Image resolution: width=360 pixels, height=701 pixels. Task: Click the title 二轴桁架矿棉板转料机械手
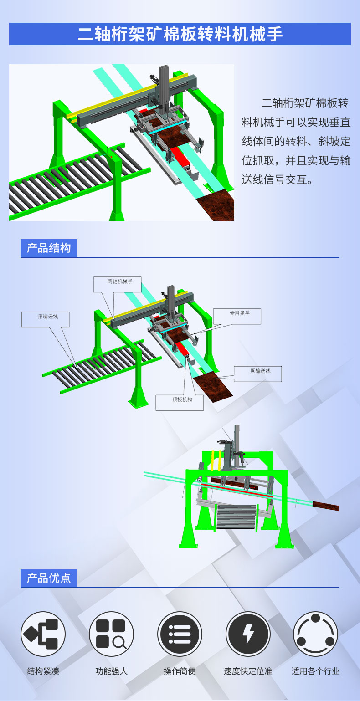point(180,34)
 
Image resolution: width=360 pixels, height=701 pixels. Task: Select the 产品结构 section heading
point(48,248)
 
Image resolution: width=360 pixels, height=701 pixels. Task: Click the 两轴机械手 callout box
point(118,285)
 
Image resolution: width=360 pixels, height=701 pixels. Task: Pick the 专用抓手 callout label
point(237,317)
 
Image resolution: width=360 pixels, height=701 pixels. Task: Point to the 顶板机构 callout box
point(180,403)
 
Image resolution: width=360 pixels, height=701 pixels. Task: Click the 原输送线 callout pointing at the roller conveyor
point(46,319)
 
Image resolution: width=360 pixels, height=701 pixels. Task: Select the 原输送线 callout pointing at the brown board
point(258,374)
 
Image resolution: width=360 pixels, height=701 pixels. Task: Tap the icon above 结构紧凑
point(43,634)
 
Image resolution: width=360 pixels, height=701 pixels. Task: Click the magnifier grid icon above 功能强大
point(112,634)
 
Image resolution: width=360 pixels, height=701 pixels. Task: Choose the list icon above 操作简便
point(180,634)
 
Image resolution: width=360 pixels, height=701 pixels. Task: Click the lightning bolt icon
point(248,634)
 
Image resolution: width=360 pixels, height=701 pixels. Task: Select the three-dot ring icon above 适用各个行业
point(315,634)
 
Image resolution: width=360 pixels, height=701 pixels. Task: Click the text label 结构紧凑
point(43,671)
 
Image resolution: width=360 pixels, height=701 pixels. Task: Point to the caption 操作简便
point(180,671)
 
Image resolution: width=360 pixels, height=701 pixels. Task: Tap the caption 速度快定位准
point(248,671)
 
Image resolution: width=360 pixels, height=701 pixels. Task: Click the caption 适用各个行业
point(315,671)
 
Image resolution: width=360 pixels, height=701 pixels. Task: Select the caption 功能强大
point(112,671)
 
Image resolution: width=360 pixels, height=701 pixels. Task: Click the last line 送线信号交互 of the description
point(277,179)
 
